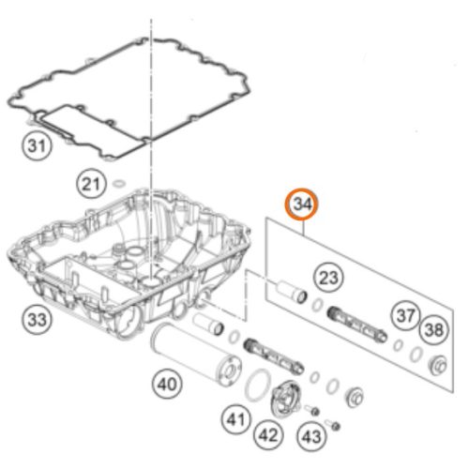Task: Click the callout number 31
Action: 38,146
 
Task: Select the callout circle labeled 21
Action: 90,184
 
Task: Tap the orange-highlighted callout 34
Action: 301,204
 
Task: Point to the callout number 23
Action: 329,278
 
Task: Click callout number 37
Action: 405,316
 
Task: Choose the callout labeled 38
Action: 434,330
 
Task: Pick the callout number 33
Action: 38,320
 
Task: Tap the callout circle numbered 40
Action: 167,384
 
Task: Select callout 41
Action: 235,419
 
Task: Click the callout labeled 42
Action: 268,435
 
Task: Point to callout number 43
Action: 311,436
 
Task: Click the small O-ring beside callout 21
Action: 119,184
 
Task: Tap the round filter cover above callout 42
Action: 286,398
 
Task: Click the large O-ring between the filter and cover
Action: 258,386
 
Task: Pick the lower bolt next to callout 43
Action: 333,425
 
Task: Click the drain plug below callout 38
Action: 438,365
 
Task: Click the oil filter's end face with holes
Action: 231,371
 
